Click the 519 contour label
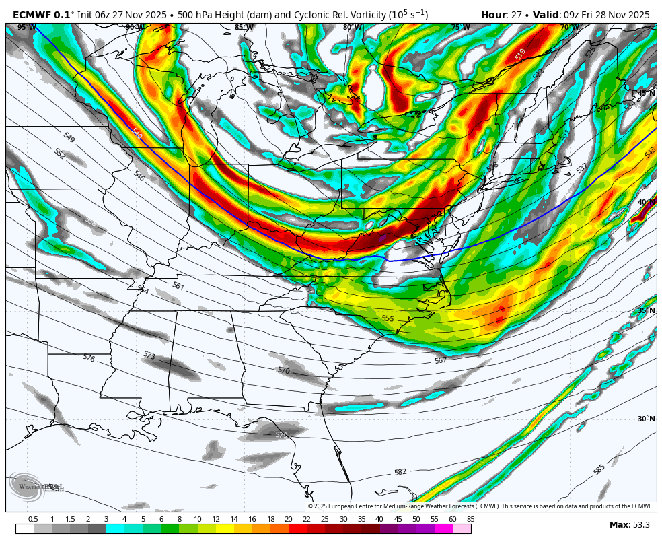click(x=520, y=55)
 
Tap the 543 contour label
click(x=650, y=153)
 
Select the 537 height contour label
click(x=582, y=168)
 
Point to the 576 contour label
click(x=89, y=358)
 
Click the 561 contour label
click(x=178, y=286)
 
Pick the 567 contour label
click(x=441, y=360)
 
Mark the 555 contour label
click(x=388, y=318)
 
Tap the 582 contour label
click(x=400, y=472)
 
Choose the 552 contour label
click(x=60, y=154)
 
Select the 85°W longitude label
click(x=244, y=28)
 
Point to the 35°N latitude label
click(x=646, y=310)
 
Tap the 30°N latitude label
click(x=646, y=419)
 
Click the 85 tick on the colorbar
click(x=470, y=519)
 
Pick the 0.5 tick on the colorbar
click(x=33, y=519)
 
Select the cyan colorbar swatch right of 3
click(x=115, y=529)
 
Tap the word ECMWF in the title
click(x=32, y=15)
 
